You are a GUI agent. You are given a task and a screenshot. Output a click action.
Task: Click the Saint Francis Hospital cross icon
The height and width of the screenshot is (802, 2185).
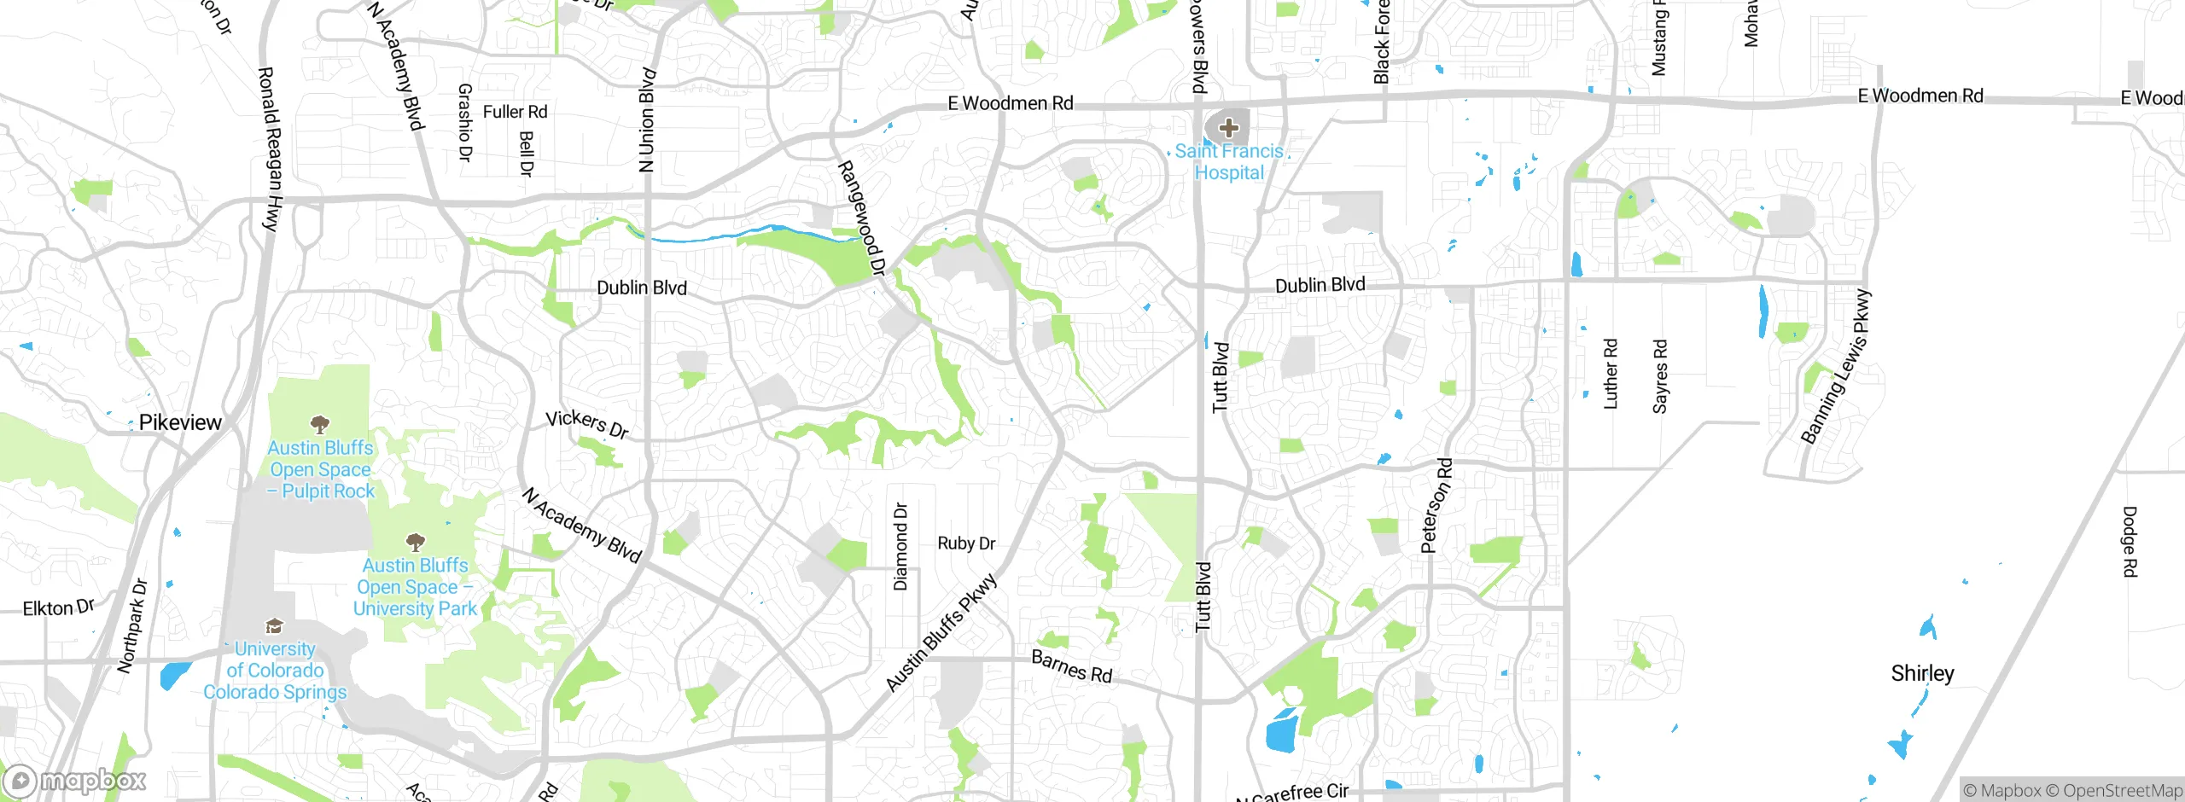(x=1228, y=129)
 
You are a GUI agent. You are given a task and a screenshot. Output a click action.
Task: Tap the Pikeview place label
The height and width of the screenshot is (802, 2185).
(x=180, y=422)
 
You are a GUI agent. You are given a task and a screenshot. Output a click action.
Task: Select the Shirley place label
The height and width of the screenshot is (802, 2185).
(x=1922, y=673)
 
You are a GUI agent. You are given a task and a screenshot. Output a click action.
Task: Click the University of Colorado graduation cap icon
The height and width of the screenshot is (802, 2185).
(x=274, y=627)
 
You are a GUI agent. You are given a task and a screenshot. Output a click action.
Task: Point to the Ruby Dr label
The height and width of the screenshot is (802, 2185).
(x=966, y=543)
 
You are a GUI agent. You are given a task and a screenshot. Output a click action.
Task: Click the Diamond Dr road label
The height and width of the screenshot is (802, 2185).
(x=900, y=547)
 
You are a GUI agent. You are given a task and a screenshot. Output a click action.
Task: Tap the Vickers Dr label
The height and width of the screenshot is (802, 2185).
(x=587, y=423)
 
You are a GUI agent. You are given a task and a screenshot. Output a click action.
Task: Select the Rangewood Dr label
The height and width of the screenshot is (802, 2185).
(x=861, y=218)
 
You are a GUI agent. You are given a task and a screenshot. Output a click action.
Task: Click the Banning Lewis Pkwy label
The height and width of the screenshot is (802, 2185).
(x=1836, y=368)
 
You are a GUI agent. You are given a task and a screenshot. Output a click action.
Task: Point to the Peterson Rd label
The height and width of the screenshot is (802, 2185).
(x=1436, y=506)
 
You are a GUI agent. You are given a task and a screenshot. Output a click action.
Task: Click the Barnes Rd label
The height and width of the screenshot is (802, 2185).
(x=1072, y=666)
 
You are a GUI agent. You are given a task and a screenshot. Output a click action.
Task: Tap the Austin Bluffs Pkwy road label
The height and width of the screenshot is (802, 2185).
(x=941, y=633)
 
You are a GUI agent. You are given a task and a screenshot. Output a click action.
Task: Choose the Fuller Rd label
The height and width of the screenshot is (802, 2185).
(x=515, y=112)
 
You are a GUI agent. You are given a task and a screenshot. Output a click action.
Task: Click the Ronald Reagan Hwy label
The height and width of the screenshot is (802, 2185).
(x=269, y=149)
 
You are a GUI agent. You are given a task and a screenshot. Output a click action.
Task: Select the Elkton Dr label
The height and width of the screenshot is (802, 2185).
(x=58, y=607)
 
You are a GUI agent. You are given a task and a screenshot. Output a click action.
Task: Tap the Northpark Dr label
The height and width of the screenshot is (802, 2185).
(x=132, y=626)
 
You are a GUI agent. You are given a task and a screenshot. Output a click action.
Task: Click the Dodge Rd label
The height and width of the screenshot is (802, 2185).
(x=2130, y=542)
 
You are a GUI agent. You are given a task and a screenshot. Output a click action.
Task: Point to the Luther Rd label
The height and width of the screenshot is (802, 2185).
(x=1611, y=374)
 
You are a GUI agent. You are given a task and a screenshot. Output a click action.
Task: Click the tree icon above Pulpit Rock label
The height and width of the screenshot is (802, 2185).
(x=320, y=424)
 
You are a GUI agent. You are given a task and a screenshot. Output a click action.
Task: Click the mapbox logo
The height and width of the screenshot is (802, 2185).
(x=75, y=781)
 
